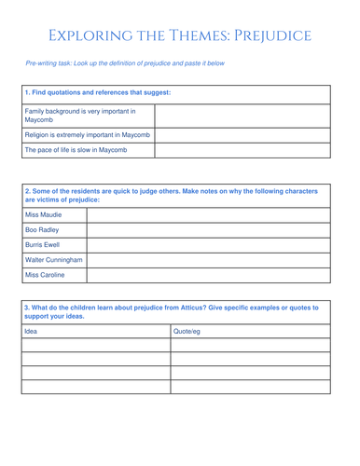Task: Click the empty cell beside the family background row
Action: coord(242,117)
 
